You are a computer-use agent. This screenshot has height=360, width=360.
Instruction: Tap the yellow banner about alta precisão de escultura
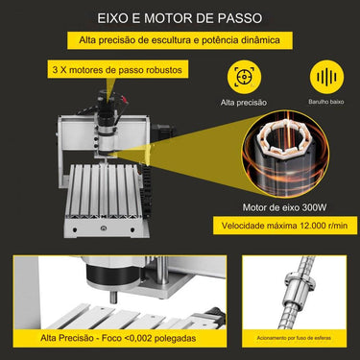click(x=180, y=42)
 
